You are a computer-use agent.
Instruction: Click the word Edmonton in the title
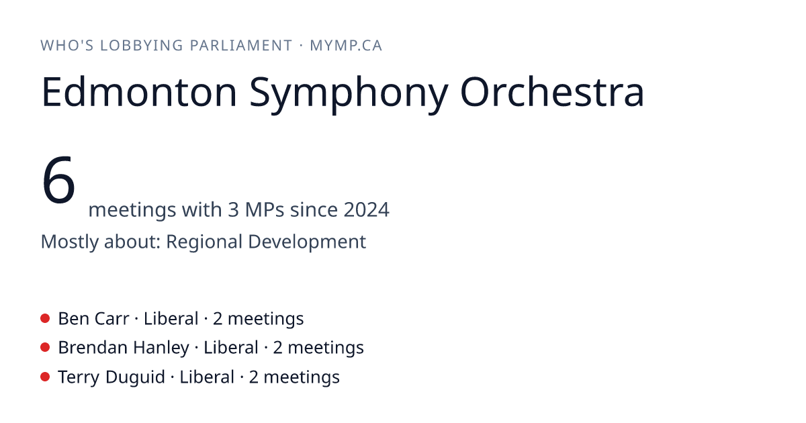click(139, 92)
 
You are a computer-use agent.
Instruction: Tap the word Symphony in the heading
click(349, 94)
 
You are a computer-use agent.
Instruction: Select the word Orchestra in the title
click(552, 92)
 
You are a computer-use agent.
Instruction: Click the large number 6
click(58, 180)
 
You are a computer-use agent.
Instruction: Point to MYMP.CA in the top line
click(346, 46)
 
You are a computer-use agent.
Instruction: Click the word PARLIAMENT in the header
click(240, 46)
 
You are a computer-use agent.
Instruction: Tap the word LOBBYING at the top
click(142, 46)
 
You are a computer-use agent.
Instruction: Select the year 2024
click(366, 209)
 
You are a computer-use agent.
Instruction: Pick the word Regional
click(204, 242)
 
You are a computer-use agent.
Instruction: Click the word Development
click(307, 242)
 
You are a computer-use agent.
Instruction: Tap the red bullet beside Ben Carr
click(45, 318)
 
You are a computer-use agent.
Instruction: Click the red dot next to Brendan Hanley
click(45, 348)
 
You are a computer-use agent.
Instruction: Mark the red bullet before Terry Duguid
click(45, 377)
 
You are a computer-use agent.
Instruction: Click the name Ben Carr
click(93, 319)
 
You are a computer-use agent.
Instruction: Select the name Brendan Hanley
click(124, 348)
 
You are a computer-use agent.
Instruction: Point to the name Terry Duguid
click(111, 377)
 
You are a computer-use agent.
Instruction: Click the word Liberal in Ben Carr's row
click(171, 319)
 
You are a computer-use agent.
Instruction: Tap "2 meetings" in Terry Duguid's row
click(294, 377)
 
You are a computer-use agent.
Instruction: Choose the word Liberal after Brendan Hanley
click(231, 348)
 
